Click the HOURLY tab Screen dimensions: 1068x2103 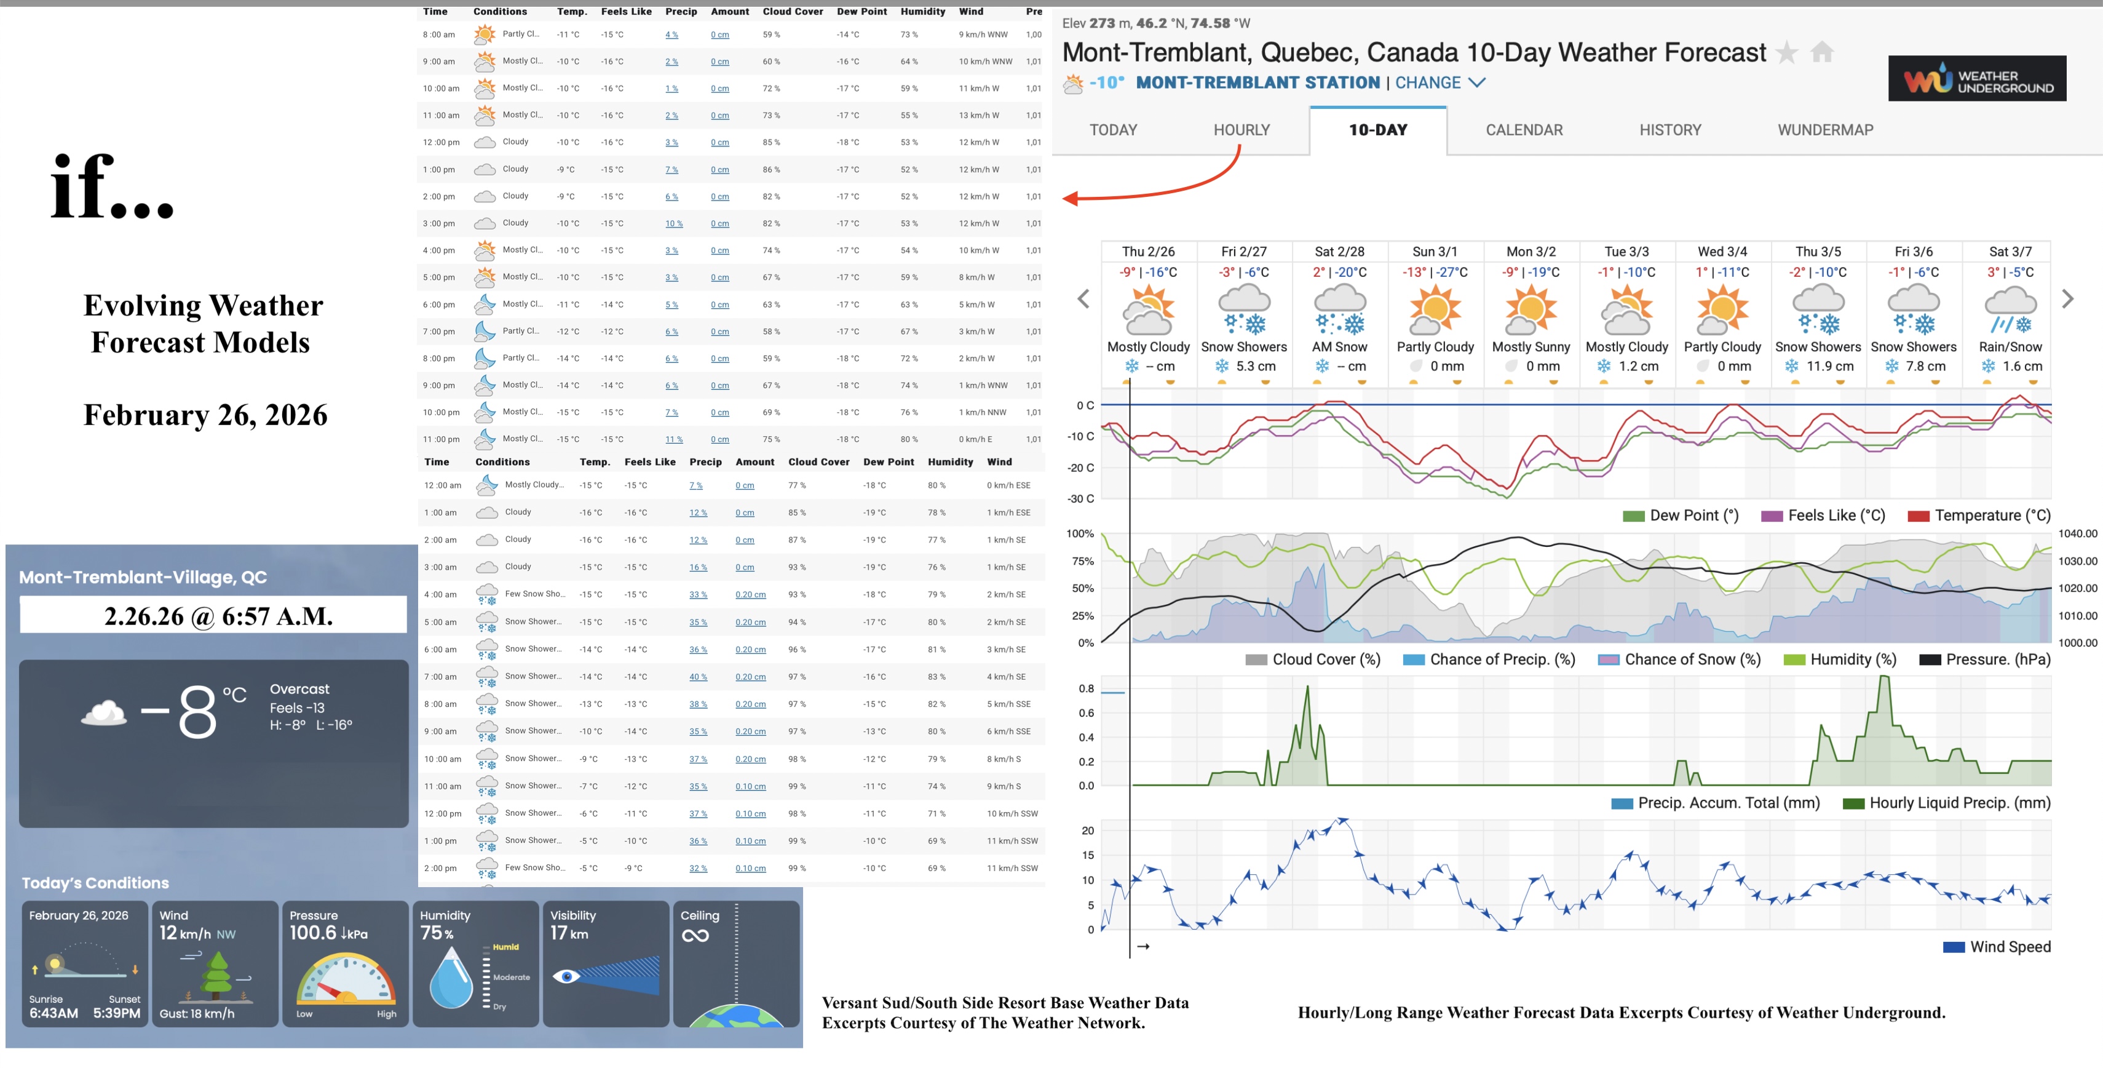point(1241,130)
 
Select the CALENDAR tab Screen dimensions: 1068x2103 point(1523,130)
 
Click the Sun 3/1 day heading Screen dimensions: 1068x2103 point(1435,252)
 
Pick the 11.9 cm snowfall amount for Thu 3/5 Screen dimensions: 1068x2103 point(1829,367)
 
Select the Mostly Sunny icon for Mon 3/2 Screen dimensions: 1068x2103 point(1530,311)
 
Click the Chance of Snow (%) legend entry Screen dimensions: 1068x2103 point(1679,660)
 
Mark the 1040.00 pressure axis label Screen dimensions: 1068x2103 point(2077,534)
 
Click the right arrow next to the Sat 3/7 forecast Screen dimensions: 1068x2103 point(2067,300)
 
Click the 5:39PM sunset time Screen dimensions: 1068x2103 point(116,1013)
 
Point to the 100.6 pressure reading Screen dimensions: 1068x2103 point(312,933)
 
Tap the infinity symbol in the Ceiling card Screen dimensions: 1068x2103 point(695,936)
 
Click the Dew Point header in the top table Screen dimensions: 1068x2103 point(861,12)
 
